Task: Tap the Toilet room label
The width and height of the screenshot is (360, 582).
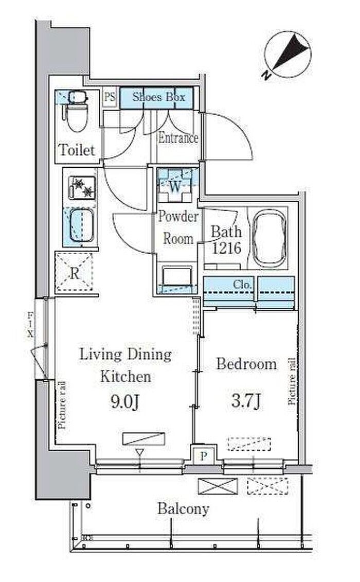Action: (x=77, y=150)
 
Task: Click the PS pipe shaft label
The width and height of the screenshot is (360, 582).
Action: (x=110, y=97)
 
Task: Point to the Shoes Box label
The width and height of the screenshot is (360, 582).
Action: (x=158, y=97)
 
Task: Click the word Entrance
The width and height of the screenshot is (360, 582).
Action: (x=178, y=138)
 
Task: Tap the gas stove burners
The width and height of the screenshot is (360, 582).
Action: (x=82, y=188)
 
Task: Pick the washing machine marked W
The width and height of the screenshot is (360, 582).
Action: (x=175, y=186)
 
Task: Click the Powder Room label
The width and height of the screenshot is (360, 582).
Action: (x=178, y=227)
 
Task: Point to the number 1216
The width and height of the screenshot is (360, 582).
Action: (x=227, y=248)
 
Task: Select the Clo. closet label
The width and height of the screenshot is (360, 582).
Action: (x=242, y=285)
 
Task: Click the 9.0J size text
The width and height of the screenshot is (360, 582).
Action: (x=124, y=401)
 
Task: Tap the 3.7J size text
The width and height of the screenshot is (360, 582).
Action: (x=246, y=401)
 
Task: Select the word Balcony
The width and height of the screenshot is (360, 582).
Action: (x=183, y=509)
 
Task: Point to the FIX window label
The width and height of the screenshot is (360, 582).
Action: (x=30, y=325)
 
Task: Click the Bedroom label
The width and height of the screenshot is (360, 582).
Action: (x=246, y=364)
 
